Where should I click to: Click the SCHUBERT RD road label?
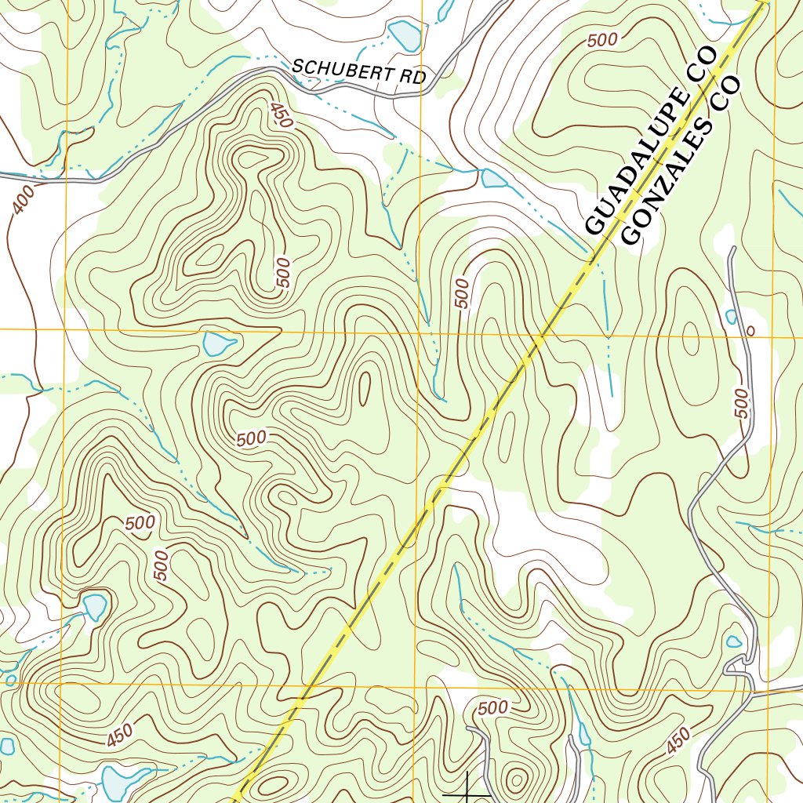358,73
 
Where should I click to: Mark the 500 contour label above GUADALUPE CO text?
601,41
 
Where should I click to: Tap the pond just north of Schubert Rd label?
405,35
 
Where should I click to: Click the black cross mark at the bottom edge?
467,790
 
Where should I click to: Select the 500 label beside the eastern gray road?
741,402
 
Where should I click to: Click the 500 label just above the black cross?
492,707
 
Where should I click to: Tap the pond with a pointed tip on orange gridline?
218,343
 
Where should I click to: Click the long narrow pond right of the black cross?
584,733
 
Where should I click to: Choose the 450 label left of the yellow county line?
119,736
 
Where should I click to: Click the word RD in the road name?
414,78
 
